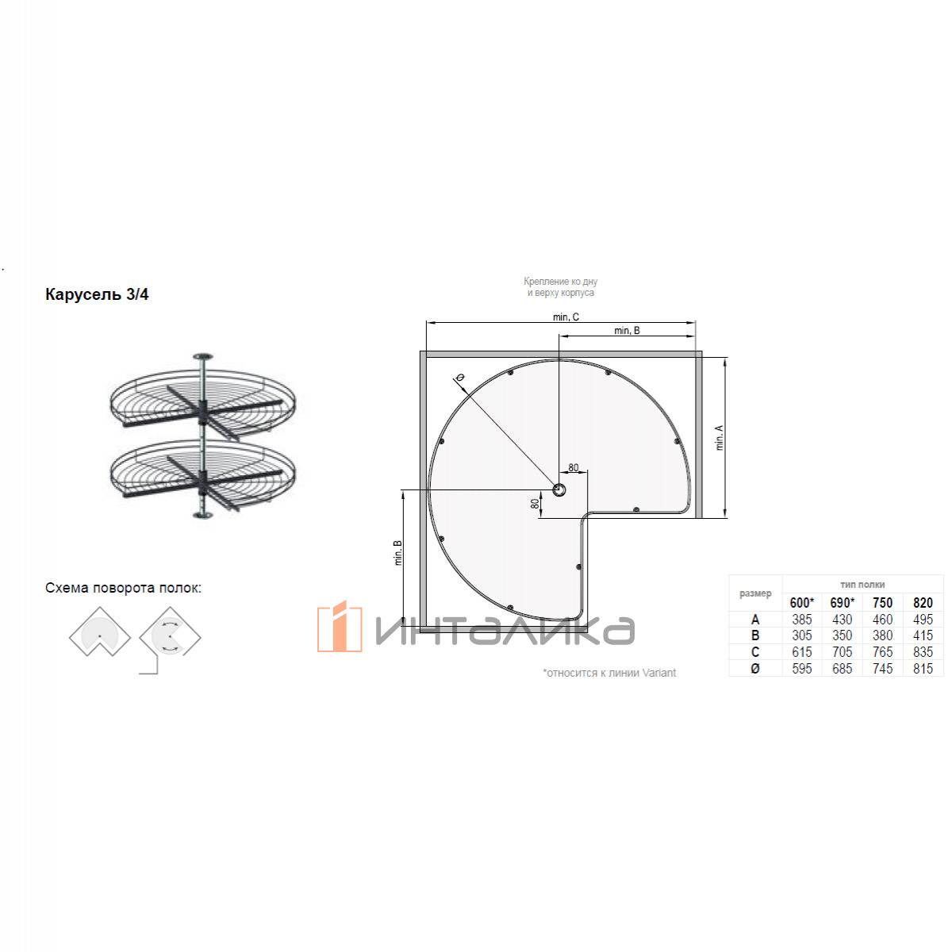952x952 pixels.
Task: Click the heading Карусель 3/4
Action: (97, 294)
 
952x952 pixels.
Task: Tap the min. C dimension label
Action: (566, 317)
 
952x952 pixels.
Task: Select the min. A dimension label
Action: (720, 437)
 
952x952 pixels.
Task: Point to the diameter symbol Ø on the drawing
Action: (459, 378)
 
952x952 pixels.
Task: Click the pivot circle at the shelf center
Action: (559, 490)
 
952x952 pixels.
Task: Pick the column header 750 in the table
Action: (882, 603)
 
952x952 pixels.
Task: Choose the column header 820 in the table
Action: (923, 603)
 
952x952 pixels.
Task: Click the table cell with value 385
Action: (801, 620)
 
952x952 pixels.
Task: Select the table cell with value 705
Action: (842, 652)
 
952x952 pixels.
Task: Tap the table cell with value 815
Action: (923, 669)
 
